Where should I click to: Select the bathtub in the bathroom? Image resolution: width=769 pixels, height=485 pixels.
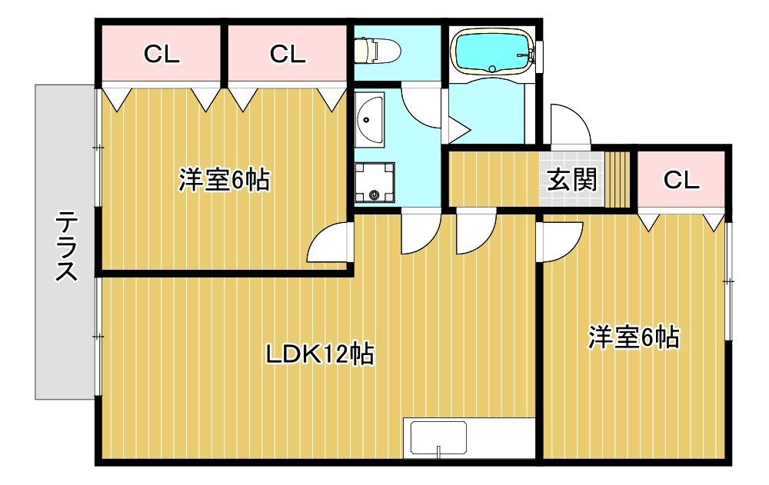pos(493,51)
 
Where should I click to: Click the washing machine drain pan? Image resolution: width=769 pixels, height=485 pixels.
pos(375,184)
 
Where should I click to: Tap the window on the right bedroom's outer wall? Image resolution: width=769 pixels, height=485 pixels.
pos(727,281)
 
